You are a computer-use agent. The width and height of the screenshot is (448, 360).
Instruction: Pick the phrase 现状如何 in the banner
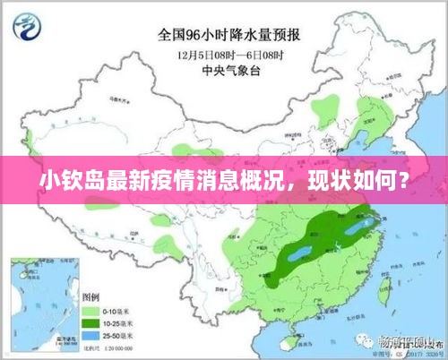[352, 186]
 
